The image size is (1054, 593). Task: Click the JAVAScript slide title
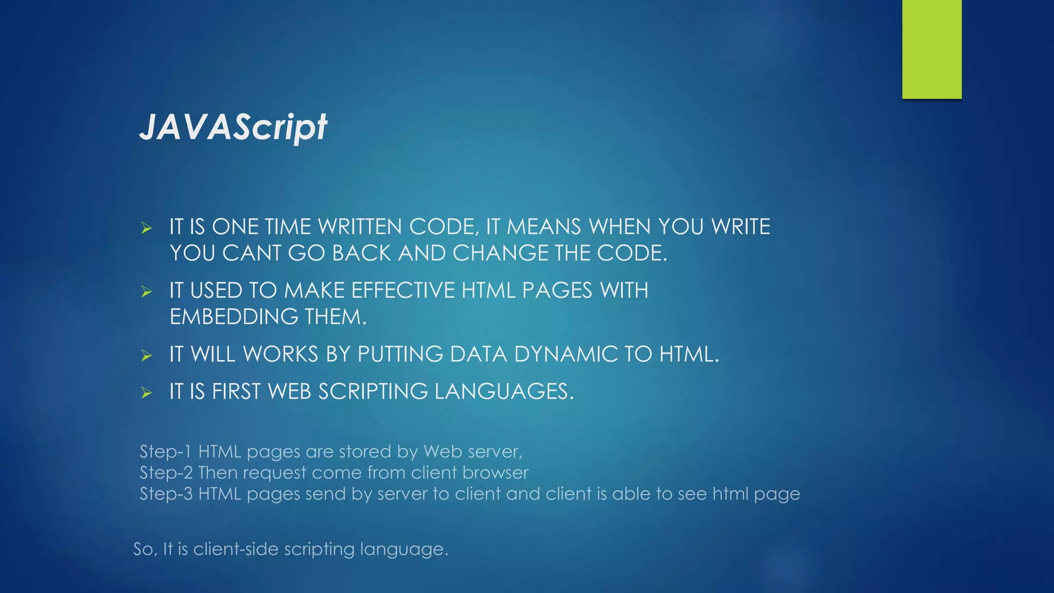(x=233, y=127)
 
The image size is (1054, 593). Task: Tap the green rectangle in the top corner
(x=932, y=49)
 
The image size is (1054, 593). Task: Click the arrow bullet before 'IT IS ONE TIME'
(x=147, y=228)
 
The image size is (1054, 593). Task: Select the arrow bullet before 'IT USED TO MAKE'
(x=147, y=292)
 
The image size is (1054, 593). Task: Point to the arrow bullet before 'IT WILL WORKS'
(x=147, y=355)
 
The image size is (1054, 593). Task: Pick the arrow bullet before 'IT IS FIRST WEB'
(x=147, y=393)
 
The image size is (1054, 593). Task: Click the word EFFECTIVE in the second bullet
(x=403, y=291)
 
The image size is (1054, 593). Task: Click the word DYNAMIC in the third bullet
(x=565, y=354)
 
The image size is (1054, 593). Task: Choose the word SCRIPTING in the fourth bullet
(x=373, y=392)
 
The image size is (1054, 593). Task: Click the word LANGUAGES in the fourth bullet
(x=503, y=392)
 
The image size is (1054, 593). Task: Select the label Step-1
(x=165, y=452)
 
